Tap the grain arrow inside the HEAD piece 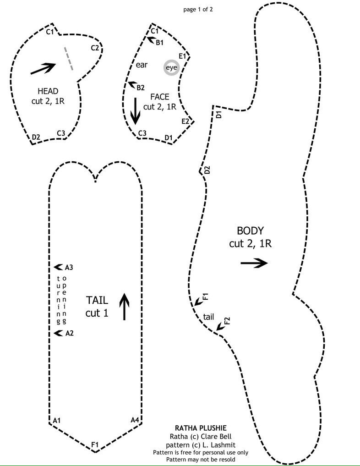pyautogui.click(x=43, y=68)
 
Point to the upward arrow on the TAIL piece pyautogui.click(x=125, y=307)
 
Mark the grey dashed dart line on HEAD pyautogui.click(x=68, y=58)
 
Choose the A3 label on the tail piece pyautogui.click(x=69, y=267)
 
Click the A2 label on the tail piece pyautogui.click(x=69, y=334)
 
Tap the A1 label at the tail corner pyautogui.click(x=57, y=420)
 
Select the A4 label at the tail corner pyautogui.click(x=135, y=420)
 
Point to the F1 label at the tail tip pyautogui.click(x=95, y=444)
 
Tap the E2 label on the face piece pyautogui.click(x=185, y=121)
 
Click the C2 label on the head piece pyautogui.click(x=95, y=48)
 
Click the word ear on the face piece pyautogui.click(x=142, y=65)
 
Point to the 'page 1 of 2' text pyautogui.click(x=197, y=8)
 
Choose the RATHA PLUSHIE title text pyautogui.click(x=195, y=428)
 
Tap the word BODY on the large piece pyautogui.click(x=250, y=230)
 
